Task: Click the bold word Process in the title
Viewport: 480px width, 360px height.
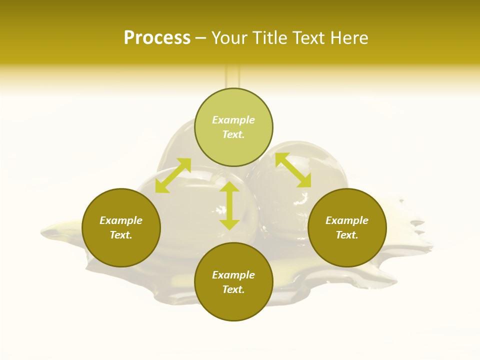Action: pos(157,38)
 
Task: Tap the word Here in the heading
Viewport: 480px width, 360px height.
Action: pos(349,38)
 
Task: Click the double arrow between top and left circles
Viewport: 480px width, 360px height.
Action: pos(173,175)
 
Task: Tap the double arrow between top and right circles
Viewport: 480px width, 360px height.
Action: pos(293,170)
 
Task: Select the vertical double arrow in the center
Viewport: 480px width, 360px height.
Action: pos(229,206)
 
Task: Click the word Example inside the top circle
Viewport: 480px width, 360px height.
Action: pos(233,120)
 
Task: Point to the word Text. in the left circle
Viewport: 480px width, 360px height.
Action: pos(121,235)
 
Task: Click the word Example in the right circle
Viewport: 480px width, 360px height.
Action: pos(347,220)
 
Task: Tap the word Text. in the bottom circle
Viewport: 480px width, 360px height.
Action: pos(233,289)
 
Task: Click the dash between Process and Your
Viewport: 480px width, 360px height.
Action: pos(201,38)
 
